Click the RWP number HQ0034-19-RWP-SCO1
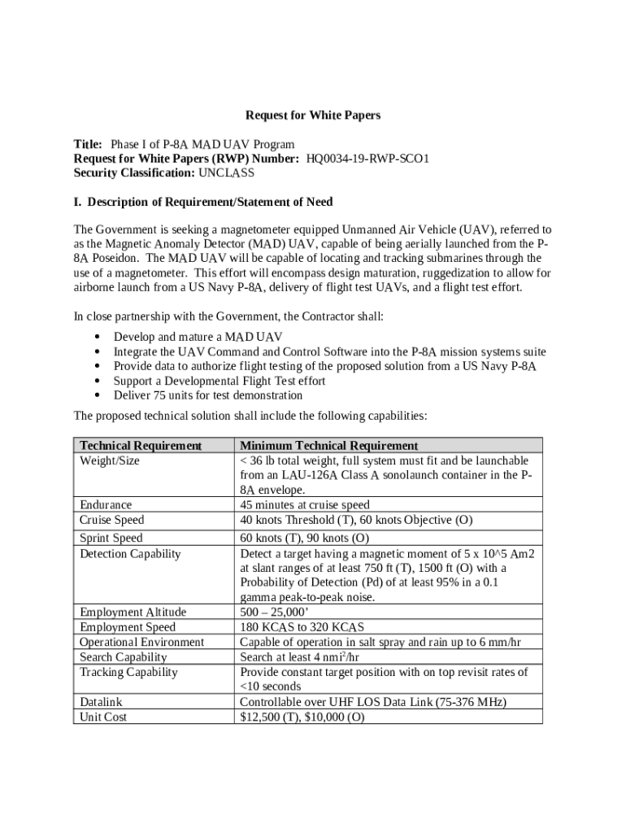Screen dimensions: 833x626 coord(367,159)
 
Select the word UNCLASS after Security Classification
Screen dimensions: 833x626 coord(226,173)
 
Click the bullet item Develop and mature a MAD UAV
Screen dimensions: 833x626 coord(198,337)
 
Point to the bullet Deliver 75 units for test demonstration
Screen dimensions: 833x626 coord(208,395)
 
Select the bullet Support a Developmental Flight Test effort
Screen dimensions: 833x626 coord(220,381)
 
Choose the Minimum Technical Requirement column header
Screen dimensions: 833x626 coord(329,446)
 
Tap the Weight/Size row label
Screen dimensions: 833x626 coord(110,460)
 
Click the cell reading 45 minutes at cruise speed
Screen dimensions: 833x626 coord(305,505)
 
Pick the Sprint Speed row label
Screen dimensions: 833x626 coord(111,538)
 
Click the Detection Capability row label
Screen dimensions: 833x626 coord(130,554)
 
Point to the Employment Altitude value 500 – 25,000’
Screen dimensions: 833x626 coord(282,612)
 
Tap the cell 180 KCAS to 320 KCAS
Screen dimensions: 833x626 coord(302,627)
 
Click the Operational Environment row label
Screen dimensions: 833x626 coord(142,642)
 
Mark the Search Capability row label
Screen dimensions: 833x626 coord(124,656)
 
